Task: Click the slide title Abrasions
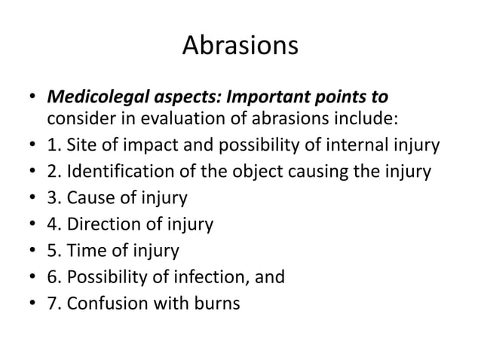[x=240, y=47]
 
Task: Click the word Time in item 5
[x=84, y=251]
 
